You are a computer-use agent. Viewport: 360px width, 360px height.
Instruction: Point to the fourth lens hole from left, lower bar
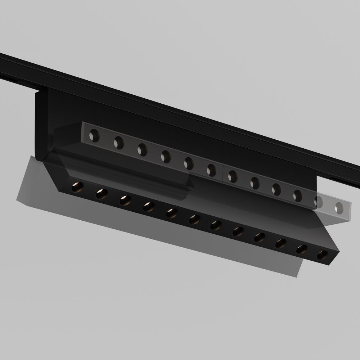[148, 206]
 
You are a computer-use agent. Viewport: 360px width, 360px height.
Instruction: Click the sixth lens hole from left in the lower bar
[194, 219]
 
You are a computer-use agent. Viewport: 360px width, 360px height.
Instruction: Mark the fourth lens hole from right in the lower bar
[259, 237]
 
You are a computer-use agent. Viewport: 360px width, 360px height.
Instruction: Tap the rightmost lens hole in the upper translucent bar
[339, 207]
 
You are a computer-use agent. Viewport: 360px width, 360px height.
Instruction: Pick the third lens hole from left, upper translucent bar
[142, 149]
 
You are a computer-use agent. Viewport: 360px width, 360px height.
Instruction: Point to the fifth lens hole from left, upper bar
[188, 163]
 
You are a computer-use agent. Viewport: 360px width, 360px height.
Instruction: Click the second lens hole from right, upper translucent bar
[319, 202]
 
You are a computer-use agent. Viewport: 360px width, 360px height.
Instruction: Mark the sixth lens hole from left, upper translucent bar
[211, 170]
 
